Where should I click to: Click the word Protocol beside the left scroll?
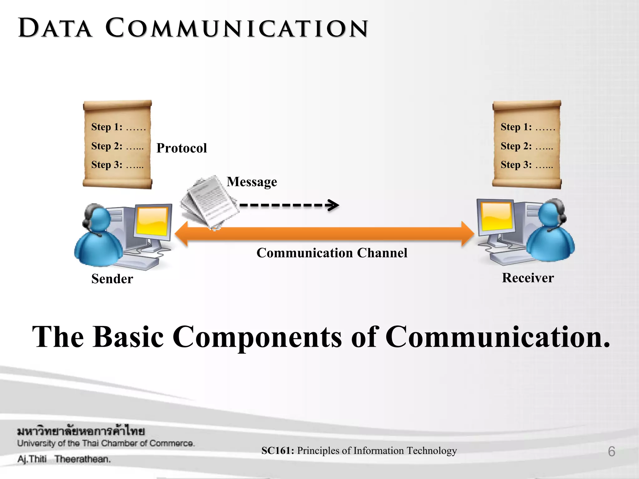click(182, 148)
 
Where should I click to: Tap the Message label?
click(252, 182)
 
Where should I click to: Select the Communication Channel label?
click(332, 253)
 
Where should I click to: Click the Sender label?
click(112, 279)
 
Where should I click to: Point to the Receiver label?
click(528, 278)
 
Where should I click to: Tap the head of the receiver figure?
click(551, 214)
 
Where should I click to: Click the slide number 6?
click(612, 452)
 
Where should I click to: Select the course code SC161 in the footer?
click(277, 451)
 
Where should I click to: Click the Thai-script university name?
click(81, 431)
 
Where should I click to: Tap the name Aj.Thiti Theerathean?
click(64, 459)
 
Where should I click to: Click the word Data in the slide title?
click(55, 28)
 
